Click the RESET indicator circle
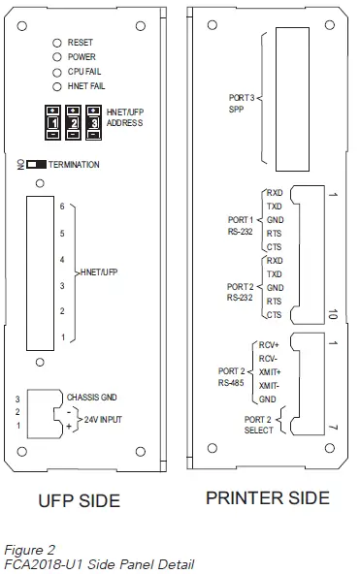coord(58,45)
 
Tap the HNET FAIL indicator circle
coord(58,85)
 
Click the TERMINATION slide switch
coord(36,166)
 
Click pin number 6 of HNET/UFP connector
coord(61,207)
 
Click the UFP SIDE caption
coord(78,501)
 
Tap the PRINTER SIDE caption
coord(268,498)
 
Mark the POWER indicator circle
coord(58,58)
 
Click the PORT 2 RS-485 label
coord(233,375)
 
